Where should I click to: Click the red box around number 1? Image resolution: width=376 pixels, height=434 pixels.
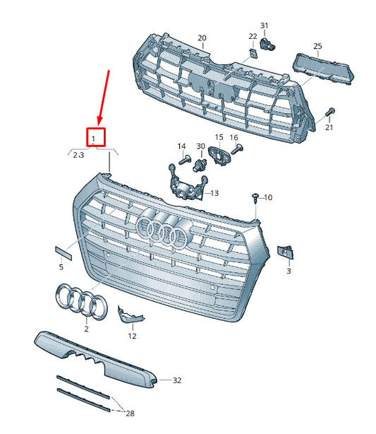point(95,137)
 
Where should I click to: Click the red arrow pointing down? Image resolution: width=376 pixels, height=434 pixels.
point(104,96)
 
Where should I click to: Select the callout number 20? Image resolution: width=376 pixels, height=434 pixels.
point(202,37)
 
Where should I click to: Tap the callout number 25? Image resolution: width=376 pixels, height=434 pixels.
point(317,47)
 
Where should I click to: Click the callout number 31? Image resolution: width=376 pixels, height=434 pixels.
point(265,26)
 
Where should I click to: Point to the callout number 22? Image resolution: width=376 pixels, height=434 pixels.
point(253,36)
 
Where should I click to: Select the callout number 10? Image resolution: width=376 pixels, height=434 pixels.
point(268,197)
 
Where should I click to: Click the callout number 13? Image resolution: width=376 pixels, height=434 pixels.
point(214,193)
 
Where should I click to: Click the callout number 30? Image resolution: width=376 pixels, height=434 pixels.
point(201,146)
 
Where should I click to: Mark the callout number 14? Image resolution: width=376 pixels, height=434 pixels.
point(182,146)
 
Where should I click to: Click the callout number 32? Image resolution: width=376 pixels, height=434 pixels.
point(176,380)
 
